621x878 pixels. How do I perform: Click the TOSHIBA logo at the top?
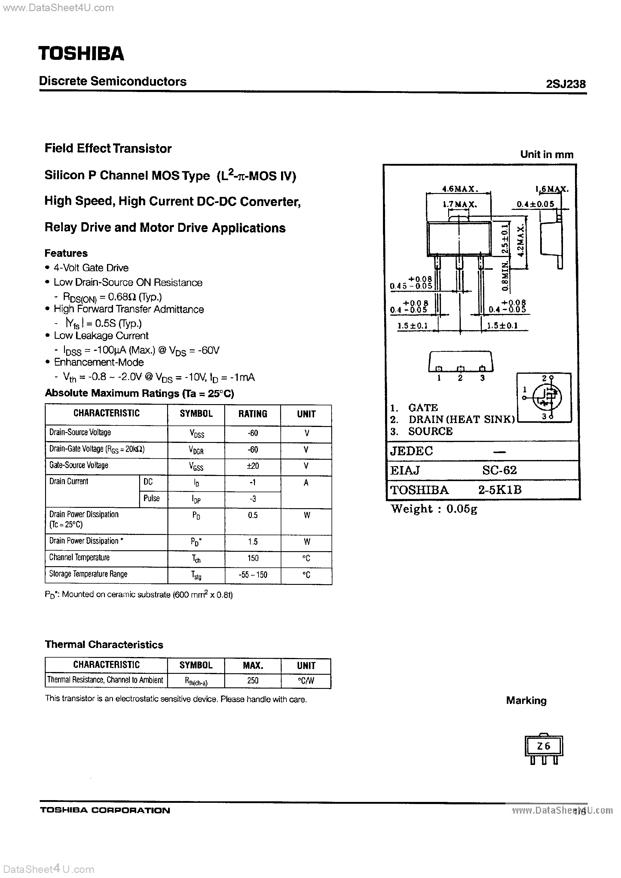[x=81, y=54]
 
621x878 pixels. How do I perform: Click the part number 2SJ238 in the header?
[x=566, y=84]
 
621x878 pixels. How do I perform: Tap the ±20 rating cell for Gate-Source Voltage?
[x=253, y=466]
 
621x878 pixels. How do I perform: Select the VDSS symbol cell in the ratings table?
[x=197, y=433]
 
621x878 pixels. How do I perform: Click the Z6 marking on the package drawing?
[x=543, y=746]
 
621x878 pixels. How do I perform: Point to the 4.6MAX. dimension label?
[x=458, y=189]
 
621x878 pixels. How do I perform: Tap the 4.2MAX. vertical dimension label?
[x=520, y=241]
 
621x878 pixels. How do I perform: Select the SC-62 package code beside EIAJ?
[x=499, y=470]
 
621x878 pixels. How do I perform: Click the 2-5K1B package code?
[x=500, y=490]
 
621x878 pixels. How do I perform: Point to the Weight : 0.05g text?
[x=434, y=509]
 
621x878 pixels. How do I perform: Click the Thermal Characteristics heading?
[x=104, y=644]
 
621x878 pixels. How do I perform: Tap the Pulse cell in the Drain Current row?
[x=151, y=498]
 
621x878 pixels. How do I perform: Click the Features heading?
[x=66, y=253]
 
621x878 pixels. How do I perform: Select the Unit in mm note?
[x=546, y=155]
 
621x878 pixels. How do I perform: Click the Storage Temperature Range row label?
[x=88, y=574]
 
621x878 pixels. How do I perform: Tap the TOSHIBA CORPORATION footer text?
[x=105, y=810]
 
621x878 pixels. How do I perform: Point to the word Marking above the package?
[x=526, y=701]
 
